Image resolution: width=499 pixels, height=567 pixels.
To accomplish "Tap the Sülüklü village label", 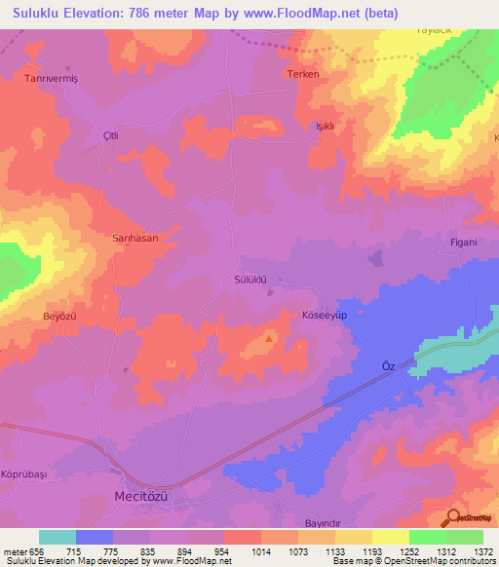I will [251, 279].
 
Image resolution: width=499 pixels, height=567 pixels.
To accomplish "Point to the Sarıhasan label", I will [134, 237].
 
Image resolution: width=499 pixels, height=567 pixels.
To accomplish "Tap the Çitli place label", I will [110, 135].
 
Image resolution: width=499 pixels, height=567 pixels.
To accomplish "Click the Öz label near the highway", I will [387, 365].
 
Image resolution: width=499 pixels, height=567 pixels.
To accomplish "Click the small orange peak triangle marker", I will [270, 339].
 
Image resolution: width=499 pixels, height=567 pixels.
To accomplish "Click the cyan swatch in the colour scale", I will [58, 537].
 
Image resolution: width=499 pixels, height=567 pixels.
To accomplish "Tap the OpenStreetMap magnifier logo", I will [454, 516].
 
